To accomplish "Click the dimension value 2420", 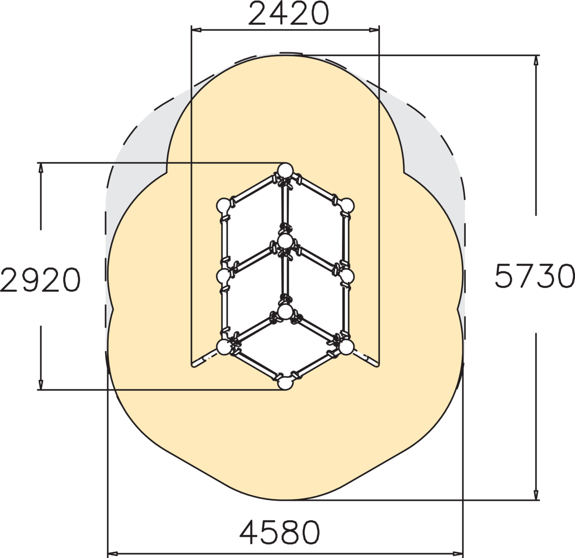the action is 288,13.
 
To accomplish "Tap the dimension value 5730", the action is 535,276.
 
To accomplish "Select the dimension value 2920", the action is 40,279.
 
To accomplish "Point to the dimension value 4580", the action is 279,532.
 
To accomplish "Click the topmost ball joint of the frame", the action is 286,171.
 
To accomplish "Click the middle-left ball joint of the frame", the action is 224,276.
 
